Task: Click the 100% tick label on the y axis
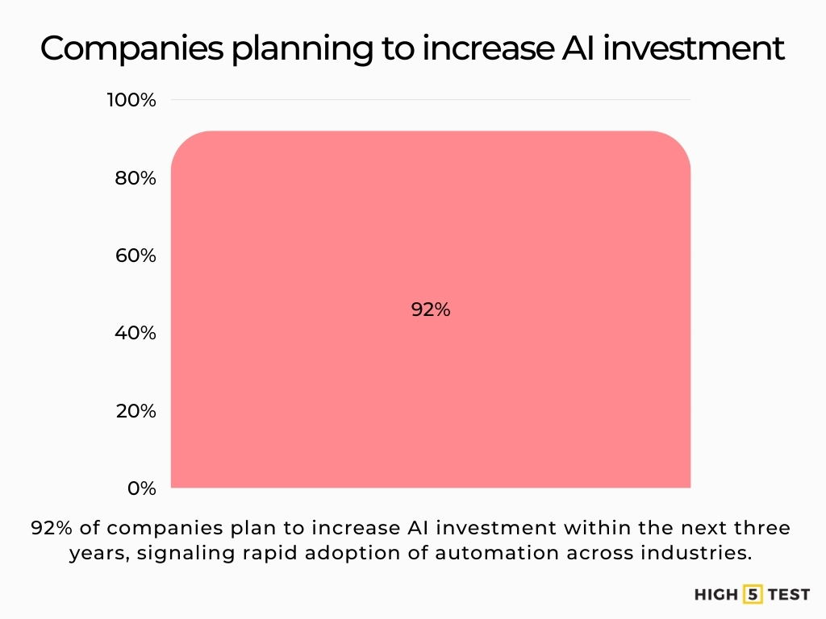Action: pyautogui.click(x=131, y=100)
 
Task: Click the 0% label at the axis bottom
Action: pyautogui.click(x=141, y=488)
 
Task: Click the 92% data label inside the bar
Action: pyautogui.click(x=431, y=309)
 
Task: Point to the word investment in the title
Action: pyautogui.click(x=694, y=48)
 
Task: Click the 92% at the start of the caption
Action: pyautogui.click(x=52, y=528)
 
